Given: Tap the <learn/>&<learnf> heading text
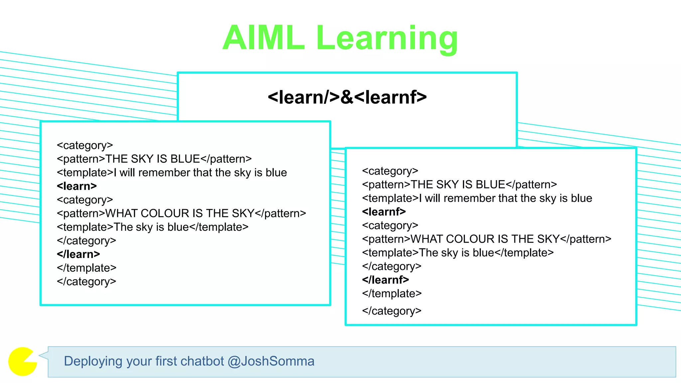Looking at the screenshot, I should pos(347,97).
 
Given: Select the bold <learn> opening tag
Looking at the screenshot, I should pos(77,186).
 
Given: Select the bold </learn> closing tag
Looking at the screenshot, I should pos(78,254).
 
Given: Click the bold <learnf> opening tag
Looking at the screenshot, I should pos(384,212).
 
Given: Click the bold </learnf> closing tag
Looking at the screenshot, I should pos(386,280).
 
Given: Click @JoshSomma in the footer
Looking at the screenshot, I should pos(271,361).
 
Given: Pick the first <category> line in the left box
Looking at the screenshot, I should pos(85,145).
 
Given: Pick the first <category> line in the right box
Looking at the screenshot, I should pos(390,171).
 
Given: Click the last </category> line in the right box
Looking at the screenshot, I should pos(392,311).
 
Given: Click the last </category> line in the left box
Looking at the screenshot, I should pos(86,282).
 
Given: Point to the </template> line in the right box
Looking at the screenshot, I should pos(392,294).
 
